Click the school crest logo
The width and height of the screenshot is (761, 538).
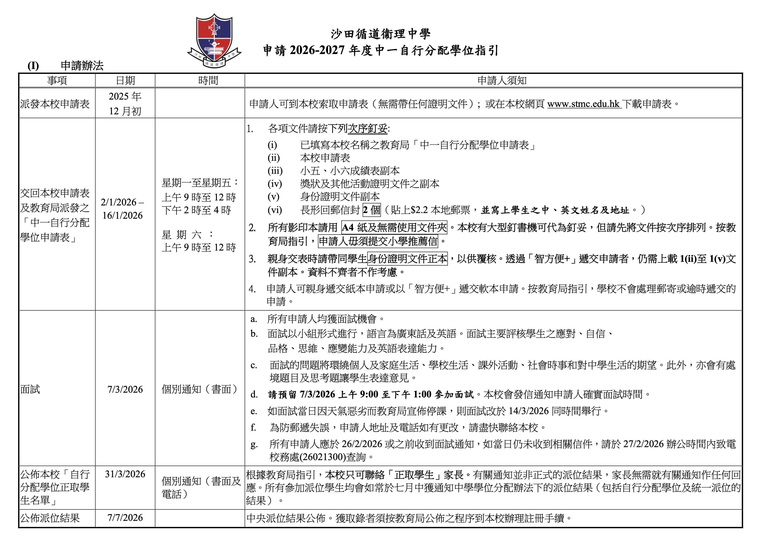(214, 40)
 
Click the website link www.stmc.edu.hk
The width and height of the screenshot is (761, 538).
(583, 104)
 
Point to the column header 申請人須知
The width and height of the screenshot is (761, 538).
(502, 80)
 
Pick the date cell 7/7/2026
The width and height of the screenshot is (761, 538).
(125, 518)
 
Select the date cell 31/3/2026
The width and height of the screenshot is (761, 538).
(125, 474)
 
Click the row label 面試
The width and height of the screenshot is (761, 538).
(30, 389)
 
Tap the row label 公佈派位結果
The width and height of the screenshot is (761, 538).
(50, 518)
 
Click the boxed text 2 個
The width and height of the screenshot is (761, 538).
(372, 210)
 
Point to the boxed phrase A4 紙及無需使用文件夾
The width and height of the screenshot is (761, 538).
(394, 227)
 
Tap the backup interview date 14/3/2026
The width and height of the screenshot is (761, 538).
(529, 411)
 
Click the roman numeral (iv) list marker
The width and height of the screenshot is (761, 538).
(275, 184)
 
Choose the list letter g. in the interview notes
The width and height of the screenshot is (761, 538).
(254, 445)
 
